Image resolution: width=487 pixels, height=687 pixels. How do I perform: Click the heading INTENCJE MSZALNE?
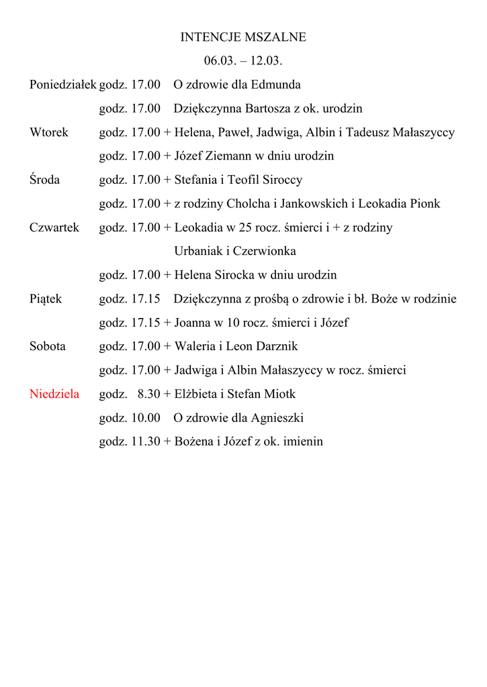point(243,38)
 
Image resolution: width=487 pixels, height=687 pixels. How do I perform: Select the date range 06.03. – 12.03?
point(243,61)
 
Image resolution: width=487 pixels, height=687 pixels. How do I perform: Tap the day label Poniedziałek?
point(63,85)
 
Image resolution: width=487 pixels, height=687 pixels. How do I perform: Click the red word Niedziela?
point(54,394)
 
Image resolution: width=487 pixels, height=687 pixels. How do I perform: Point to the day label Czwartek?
point(54,227)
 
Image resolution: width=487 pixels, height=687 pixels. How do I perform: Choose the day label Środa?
point(44,180)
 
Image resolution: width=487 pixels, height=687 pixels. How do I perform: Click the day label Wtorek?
point(49,132)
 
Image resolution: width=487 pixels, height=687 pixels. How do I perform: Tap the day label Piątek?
point(46,299)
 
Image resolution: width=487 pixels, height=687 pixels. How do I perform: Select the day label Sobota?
point(48,346)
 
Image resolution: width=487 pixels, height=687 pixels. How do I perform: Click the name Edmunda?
point(275,85)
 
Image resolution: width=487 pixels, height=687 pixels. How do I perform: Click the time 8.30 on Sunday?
point(148,394)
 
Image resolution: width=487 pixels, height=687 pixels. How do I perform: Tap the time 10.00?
point(145,418)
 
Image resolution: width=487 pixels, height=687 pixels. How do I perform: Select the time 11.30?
point(145,441)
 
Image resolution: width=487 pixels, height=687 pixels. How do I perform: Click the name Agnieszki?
point(277,418)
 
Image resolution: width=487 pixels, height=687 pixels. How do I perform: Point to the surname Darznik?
point(275,346)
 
